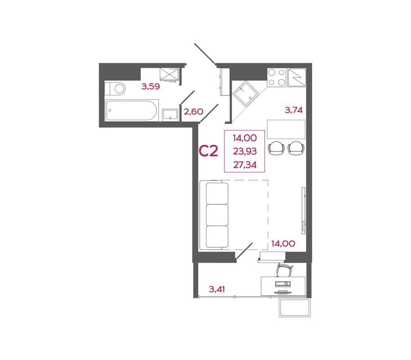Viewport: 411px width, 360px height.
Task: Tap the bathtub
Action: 132,111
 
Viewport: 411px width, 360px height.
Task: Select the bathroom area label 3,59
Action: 151,86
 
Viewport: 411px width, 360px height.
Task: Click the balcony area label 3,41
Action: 218,289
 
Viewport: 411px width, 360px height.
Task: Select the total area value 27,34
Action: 245,165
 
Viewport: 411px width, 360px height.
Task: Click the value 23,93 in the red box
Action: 245,152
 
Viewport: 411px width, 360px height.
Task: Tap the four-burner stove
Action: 277,77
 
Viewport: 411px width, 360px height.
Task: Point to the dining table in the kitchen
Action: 286,130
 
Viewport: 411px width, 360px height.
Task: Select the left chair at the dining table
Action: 276,147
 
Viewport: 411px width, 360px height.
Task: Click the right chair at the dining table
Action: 296,147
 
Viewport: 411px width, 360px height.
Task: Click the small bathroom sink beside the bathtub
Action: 170,115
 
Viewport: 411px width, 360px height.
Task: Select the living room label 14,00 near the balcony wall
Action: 283,244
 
